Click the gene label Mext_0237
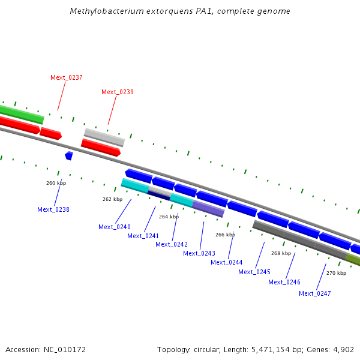coord(67,77)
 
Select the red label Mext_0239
coord(118,92)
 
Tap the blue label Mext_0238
coord(53,209)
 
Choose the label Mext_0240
coord(115,227)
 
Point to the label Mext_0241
coord(143,236)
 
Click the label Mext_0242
coord(172,244)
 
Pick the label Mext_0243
coord(199,253)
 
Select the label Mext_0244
coord(227,262)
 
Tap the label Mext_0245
coord(254,272)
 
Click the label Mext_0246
coord(284,282)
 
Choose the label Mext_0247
coord(315,293)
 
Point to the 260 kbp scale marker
coord(56,183)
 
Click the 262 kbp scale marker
coord(112,199)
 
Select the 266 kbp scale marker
coord(225,235)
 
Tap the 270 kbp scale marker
coord(336,273)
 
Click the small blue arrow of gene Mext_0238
coord(69,155)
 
